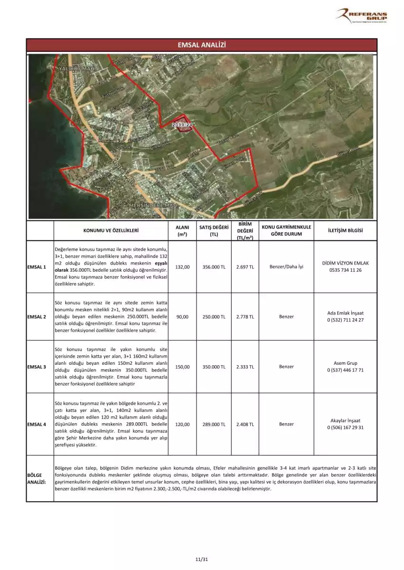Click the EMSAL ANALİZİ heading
[201, 45]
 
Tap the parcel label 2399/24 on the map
[183, 124]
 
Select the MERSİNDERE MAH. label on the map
[153, 205]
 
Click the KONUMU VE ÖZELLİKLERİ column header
[111, 230]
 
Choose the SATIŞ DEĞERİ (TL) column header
[214, 230]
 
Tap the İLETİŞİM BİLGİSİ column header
[345, 230]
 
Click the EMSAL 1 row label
[37, 267]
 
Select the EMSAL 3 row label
[37, 367]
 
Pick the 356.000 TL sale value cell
[214, 267]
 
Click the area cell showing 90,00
[182, 317]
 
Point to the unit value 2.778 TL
[245, 317]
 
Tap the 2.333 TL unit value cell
[245, 367]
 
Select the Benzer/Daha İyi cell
[286, 267]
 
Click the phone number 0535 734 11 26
[345, 270]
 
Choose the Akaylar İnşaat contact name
[345, 421]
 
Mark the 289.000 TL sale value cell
[214, 424]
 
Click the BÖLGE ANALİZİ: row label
[37, 478]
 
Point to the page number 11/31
[202, 559]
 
